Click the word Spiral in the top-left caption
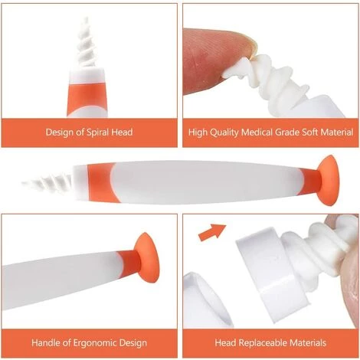pos(97,133)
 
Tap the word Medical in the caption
pos(257,133)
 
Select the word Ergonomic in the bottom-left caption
pos(95,342)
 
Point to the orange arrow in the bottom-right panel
pos(212,232)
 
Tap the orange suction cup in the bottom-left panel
pos(147,258)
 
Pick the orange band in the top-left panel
pos(87,98)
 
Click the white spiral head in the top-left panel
pos(87,44)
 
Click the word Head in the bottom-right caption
pos(225,342)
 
